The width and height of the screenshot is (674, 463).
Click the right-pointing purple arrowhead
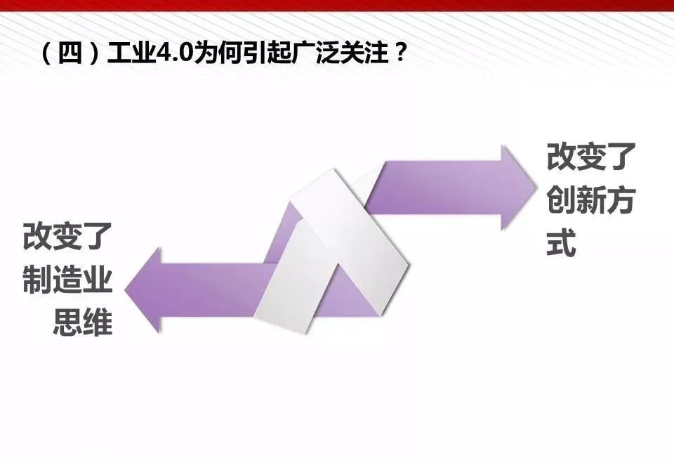519,188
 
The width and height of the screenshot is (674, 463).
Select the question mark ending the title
400,54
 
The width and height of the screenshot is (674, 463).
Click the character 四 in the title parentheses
70,54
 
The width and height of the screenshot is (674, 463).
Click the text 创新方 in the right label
591,200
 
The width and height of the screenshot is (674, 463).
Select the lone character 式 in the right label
562,242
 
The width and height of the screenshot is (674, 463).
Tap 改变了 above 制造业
67,236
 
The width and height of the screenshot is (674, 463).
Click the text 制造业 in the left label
67,280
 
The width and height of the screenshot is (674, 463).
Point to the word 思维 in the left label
83,322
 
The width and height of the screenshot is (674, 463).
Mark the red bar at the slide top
337,6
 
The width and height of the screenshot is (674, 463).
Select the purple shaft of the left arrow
215,289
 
